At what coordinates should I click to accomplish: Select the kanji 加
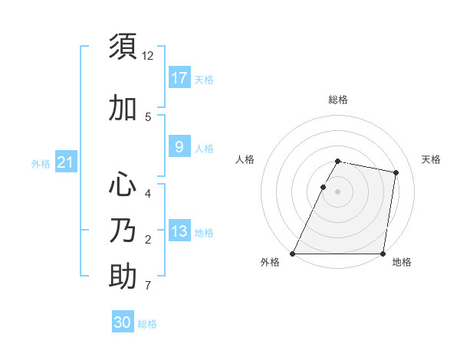123,109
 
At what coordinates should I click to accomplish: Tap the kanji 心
123,185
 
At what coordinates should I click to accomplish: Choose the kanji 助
123,276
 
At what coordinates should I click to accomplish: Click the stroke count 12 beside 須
148,56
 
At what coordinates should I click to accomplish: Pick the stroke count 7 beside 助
147,286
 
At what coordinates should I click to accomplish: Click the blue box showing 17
179,78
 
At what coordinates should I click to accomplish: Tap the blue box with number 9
179,147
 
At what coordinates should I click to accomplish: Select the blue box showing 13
179,231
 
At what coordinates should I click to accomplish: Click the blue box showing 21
64,162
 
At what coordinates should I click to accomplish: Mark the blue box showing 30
123,322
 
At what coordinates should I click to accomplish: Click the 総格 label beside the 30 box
147,324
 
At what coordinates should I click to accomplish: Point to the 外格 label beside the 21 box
41,163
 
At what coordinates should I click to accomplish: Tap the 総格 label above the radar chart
337,100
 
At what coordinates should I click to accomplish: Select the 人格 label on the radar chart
245,159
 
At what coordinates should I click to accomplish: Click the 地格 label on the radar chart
402,263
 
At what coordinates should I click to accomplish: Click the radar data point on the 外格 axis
293,254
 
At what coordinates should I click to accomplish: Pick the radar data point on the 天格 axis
396,172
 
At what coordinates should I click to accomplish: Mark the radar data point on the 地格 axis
383,254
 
